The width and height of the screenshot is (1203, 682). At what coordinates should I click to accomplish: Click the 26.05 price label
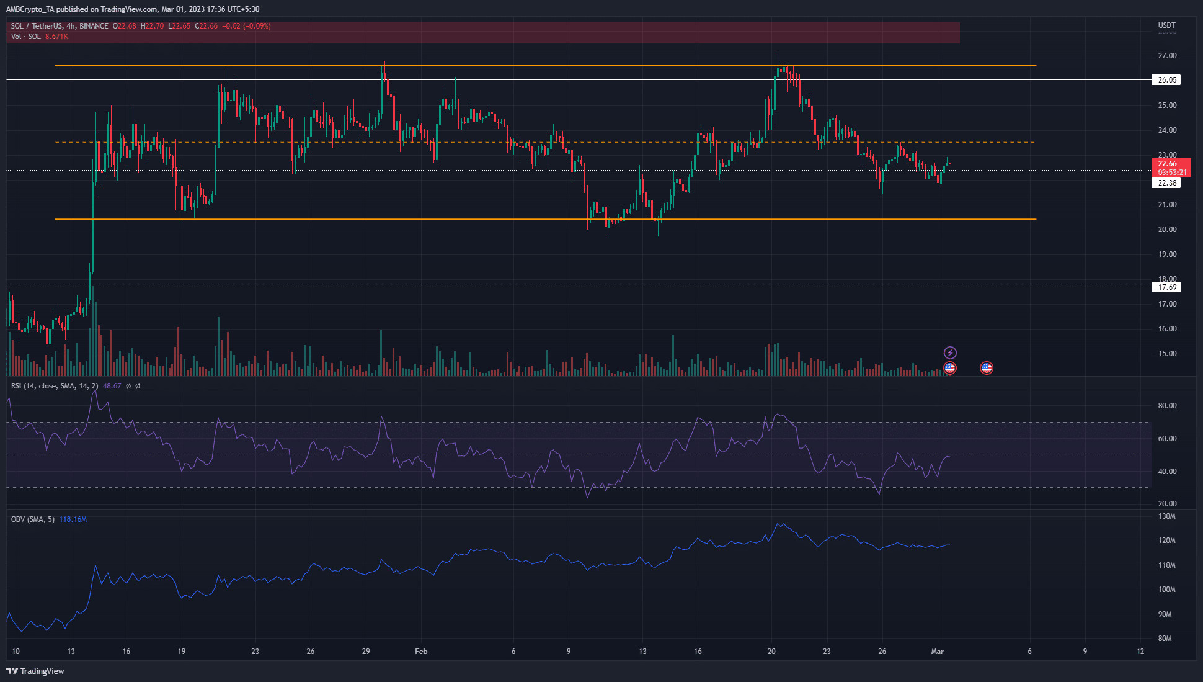point(1167,80)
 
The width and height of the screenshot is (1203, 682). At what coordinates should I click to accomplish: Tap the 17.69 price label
point(1167,287)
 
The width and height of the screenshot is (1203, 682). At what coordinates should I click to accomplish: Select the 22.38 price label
point(1167,183)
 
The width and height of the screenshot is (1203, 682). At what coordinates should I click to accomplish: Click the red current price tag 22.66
point(1167,164)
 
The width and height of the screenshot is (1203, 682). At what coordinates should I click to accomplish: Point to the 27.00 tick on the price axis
point(1167,56)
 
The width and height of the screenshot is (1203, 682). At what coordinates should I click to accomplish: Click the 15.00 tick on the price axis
point(1167,354)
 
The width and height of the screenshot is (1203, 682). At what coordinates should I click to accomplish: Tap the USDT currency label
point(1166,25)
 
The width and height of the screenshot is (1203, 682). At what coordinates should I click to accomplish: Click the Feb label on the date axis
point(421,652)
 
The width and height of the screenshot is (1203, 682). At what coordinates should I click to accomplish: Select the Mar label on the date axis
point(938,652)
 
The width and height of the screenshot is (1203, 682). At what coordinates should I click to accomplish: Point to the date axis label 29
point(366,652)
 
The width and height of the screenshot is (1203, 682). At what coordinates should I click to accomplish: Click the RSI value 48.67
point(112,386)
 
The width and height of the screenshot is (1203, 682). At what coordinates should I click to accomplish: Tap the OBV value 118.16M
point(73,519)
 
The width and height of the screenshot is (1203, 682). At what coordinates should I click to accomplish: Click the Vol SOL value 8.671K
point(56,37)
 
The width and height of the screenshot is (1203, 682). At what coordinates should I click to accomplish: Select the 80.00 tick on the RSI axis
point(1167,406)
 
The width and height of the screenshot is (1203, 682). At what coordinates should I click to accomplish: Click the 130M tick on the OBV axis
point(1167,516)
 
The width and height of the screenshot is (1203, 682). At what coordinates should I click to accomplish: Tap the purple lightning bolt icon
point(950,353)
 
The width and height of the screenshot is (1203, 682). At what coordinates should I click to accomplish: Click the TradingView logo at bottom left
point(35,671)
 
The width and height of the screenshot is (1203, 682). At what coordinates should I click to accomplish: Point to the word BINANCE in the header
point(94,26)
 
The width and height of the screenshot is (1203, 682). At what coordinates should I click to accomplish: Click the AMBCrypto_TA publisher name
point(30,9)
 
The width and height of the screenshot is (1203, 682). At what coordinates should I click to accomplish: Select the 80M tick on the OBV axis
point(1165,639)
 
